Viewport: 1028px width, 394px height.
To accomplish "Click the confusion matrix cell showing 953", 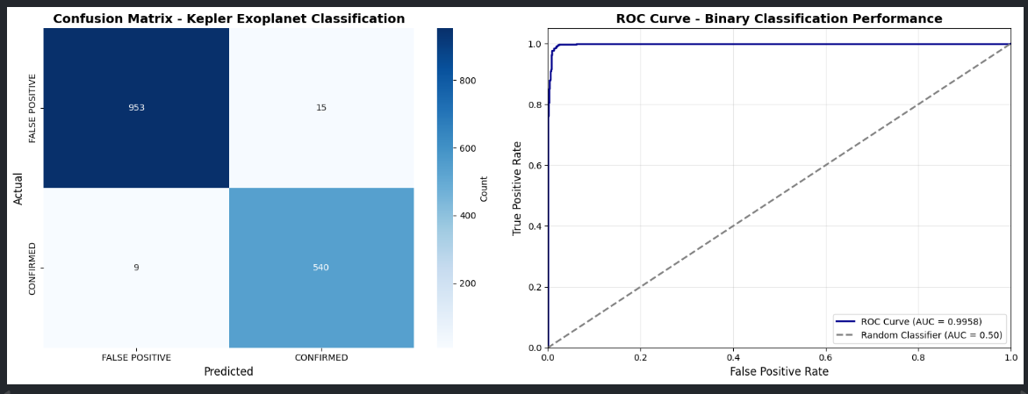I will pos(136,108).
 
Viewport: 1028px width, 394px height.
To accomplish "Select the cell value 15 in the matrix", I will pos(320,108).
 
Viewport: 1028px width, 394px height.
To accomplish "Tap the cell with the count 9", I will pos(136,268).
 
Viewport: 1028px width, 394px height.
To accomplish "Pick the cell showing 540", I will pos(320,268).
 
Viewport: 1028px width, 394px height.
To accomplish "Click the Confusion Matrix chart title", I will pos(228,18).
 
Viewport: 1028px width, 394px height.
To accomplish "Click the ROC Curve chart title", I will pos(779,18).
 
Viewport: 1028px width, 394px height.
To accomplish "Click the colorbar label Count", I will pos(484,188).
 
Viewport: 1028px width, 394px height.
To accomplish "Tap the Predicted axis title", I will pos(228,372).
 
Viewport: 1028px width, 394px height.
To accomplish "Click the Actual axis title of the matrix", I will pos(18,188).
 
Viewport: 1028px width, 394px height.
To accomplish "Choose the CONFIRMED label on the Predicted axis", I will pos(320,358).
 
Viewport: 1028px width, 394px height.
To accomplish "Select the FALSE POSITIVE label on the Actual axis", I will pos(32,108).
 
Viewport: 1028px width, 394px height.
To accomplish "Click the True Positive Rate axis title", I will pos(517,188).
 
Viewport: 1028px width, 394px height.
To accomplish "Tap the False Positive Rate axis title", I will pos(779,372).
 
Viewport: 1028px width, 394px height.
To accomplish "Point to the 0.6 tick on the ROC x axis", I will pos(825,358).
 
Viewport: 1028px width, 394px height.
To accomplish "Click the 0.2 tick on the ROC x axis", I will pos(640,358).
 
